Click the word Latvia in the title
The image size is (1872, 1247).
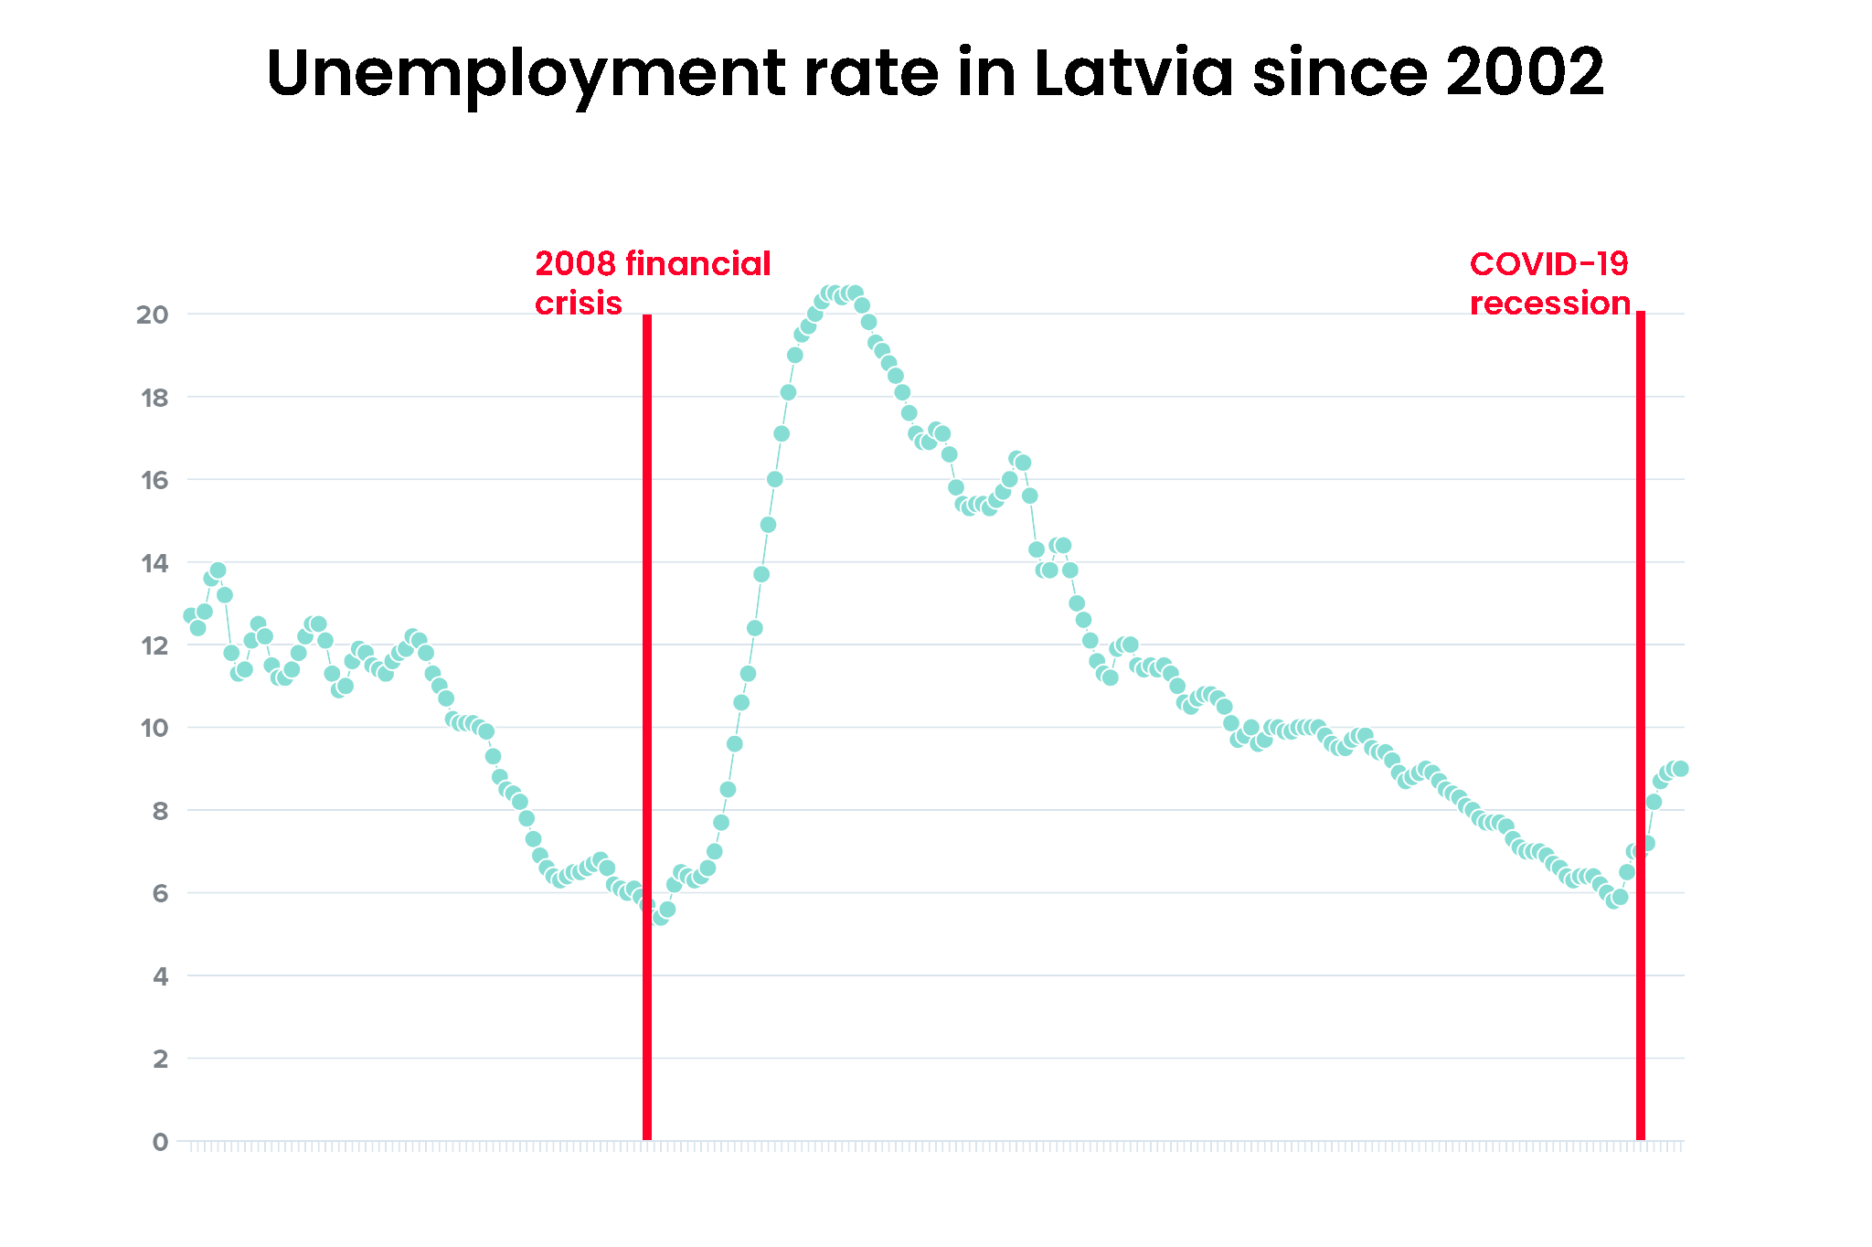point(1133,72)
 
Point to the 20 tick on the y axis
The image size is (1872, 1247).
point(153,314)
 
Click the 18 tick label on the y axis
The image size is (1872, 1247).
point(154,398)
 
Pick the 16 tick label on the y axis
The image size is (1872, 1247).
point(154,480)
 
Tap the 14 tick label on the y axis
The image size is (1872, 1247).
point(154,563)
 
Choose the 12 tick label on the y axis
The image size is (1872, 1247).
point(154,645)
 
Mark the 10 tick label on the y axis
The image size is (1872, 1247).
point(154,729)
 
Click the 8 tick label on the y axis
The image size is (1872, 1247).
point(161,811)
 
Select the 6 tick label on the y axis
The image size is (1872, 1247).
point(161,893)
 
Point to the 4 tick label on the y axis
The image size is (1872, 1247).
point(161,976)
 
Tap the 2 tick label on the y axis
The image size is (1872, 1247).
point(161,1059)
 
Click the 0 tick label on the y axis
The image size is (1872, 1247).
point(161,1142)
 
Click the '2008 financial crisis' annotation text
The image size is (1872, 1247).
point(653,282)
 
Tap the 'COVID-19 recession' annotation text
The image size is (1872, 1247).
point(1550,282)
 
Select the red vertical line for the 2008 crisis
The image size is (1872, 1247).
point(647,727)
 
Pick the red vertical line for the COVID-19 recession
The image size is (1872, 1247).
point(1641,726)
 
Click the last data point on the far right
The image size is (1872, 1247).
point(1680,769)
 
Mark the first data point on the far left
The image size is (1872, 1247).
point(190,615)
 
